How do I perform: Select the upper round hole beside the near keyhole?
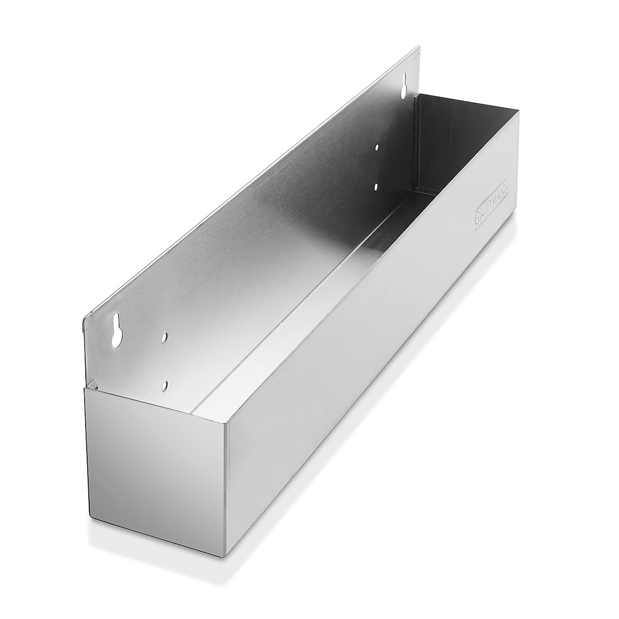pos(164,337)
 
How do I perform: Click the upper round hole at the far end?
pos(377,147)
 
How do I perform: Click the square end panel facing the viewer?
pos(155,454)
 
